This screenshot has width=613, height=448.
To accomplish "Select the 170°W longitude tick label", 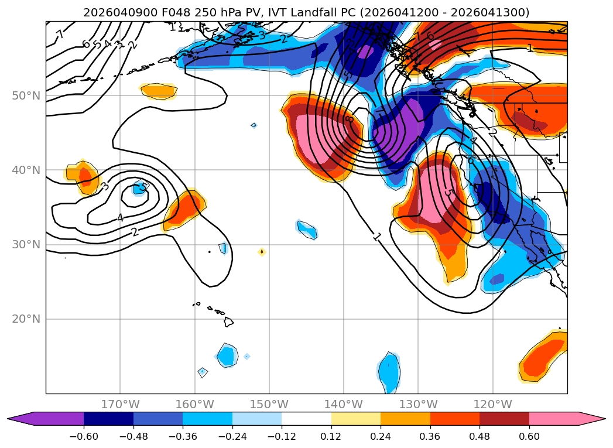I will (x=120, y=404).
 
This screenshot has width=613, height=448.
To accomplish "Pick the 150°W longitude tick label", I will (x=269, y=404).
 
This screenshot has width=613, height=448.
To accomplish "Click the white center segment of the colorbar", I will (x=306, y=418).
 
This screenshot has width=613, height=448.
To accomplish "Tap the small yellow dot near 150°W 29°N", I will (x=262, y=252).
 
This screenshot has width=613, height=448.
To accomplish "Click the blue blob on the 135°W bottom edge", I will (x=388, y=372).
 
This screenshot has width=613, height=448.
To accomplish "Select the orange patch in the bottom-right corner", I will (x=542, y=359).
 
